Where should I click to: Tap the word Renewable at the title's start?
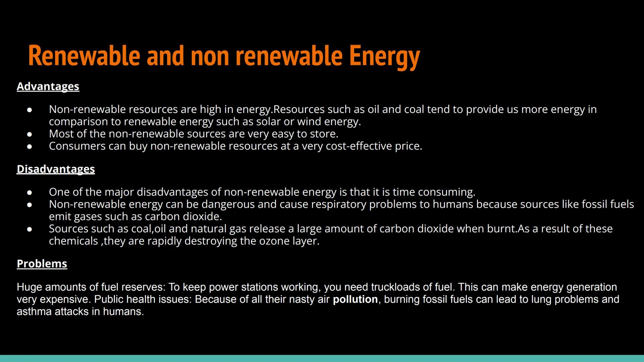pos(84,56)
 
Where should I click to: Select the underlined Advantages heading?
pos(48,86)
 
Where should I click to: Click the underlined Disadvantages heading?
pos(56,169)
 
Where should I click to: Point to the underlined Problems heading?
pos(42,264)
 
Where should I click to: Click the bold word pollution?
pos(355,299)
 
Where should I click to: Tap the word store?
pos(324,134)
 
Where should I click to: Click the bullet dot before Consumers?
pos(30,146)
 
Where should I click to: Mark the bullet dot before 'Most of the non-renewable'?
pos(30,134)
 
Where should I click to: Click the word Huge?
pos(29,287)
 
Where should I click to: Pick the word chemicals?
pos(73,241)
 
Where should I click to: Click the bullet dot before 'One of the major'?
pos(30,192)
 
